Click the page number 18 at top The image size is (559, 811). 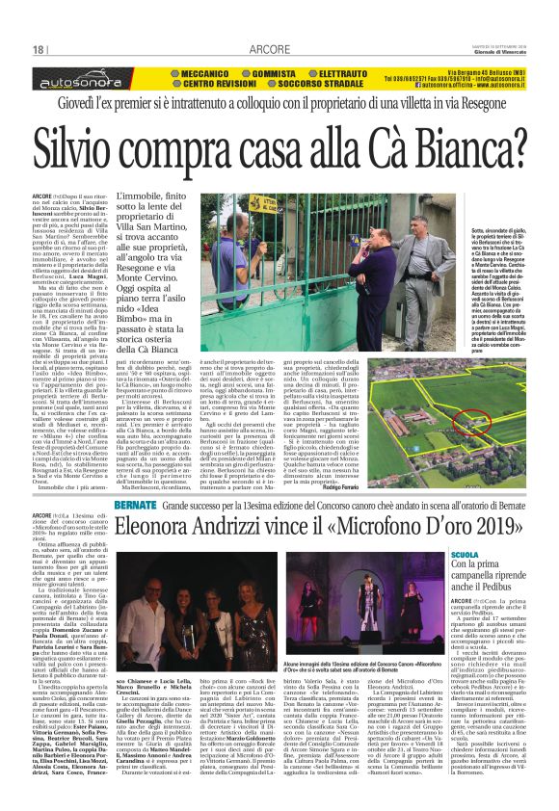click(40, 51)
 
